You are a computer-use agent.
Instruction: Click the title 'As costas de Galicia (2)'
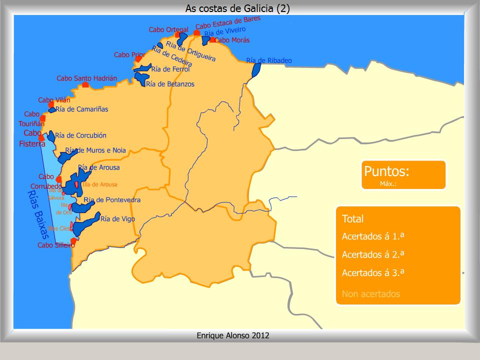click(x=237, y=8)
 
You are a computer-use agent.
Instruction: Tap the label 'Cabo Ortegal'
click(x=168, y=30)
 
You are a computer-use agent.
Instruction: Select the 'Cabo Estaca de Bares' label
click(x=228, y=22)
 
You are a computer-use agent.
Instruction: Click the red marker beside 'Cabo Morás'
click(x=212, y=40)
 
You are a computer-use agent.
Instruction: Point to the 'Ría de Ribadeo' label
click(x=269, y=60)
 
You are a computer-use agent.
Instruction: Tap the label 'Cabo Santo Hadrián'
click(x=86, y=78)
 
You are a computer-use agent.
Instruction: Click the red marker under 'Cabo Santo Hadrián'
click(x=85, y=85)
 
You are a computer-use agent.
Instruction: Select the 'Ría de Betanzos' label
click(x=170, y=84)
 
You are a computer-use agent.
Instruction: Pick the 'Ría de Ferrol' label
click(x=170, y=69)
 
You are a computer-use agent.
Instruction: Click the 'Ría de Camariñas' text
click(x=81, y=109)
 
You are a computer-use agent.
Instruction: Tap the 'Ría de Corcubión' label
click(x=80, y=135)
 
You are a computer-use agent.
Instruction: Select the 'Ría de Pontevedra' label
click(x=112, y=200)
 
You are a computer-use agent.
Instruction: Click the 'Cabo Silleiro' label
click(x=56, y=245)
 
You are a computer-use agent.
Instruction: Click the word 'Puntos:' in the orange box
click(x=386, y=171)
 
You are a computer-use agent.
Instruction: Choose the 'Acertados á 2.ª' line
click(x=373, y=254)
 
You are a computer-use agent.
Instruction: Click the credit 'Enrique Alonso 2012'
click(x=233, y=335)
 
